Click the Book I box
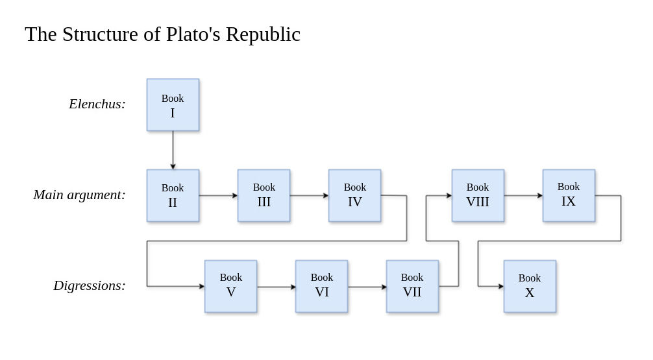pos(173,105)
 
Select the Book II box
pos(173,195)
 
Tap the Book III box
pos(264,195)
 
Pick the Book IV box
pos(354,195)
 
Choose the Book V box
pos(230,286)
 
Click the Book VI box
pos(321,286)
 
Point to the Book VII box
pos(412,286)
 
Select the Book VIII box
pos(478,195)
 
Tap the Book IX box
pos(569,195)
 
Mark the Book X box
pos(530,286)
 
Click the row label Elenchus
pos(97,104)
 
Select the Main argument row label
pos(79,195)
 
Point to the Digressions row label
pos(90,285)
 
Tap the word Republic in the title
pos(263,34)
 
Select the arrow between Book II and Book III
pos(218,195)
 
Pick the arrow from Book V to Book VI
pos(276,287)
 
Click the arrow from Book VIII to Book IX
pos(523,195)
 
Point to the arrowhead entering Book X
pos(500,286)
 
